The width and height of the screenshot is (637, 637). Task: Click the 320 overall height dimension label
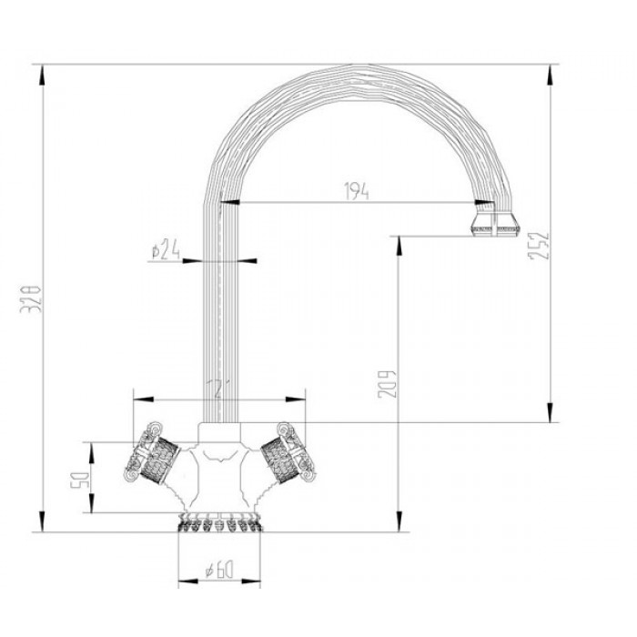point(30,297)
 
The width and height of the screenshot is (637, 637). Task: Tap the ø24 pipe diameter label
point(164,248)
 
